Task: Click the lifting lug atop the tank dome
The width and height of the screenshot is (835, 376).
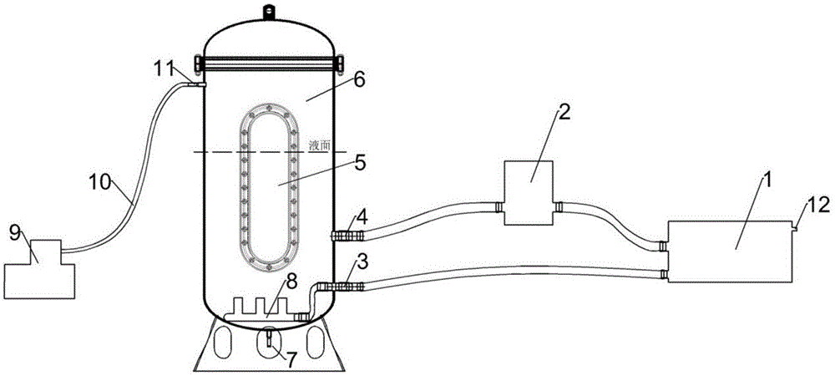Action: (269, 11)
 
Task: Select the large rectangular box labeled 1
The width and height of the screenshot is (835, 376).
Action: (729, 251)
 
